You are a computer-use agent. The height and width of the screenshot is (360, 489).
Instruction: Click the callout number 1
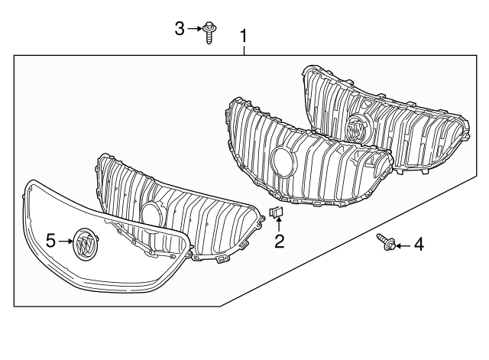click(x=244, y=36)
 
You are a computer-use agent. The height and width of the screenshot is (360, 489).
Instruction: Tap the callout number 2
click(x=280, y=242)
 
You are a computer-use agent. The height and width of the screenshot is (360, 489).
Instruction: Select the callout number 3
click(x=180, y=29)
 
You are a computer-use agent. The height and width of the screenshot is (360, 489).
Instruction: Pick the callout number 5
click(x=50, y=241)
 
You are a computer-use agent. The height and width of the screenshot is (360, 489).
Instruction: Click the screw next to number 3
click(x=209, y=32)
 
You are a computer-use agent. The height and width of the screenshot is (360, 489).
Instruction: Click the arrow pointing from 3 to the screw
click(x=194, y=29)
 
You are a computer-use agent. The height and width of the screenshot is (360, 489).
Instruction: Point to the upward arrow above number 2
click(x=280, y=224)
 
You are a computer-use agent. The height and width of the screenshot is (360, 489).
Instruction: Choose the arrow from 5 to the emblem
click(x=66, y=241)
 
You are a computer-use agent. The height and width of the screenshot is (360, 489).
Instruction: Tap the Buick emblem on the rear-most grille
click(x=356, y=129)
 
